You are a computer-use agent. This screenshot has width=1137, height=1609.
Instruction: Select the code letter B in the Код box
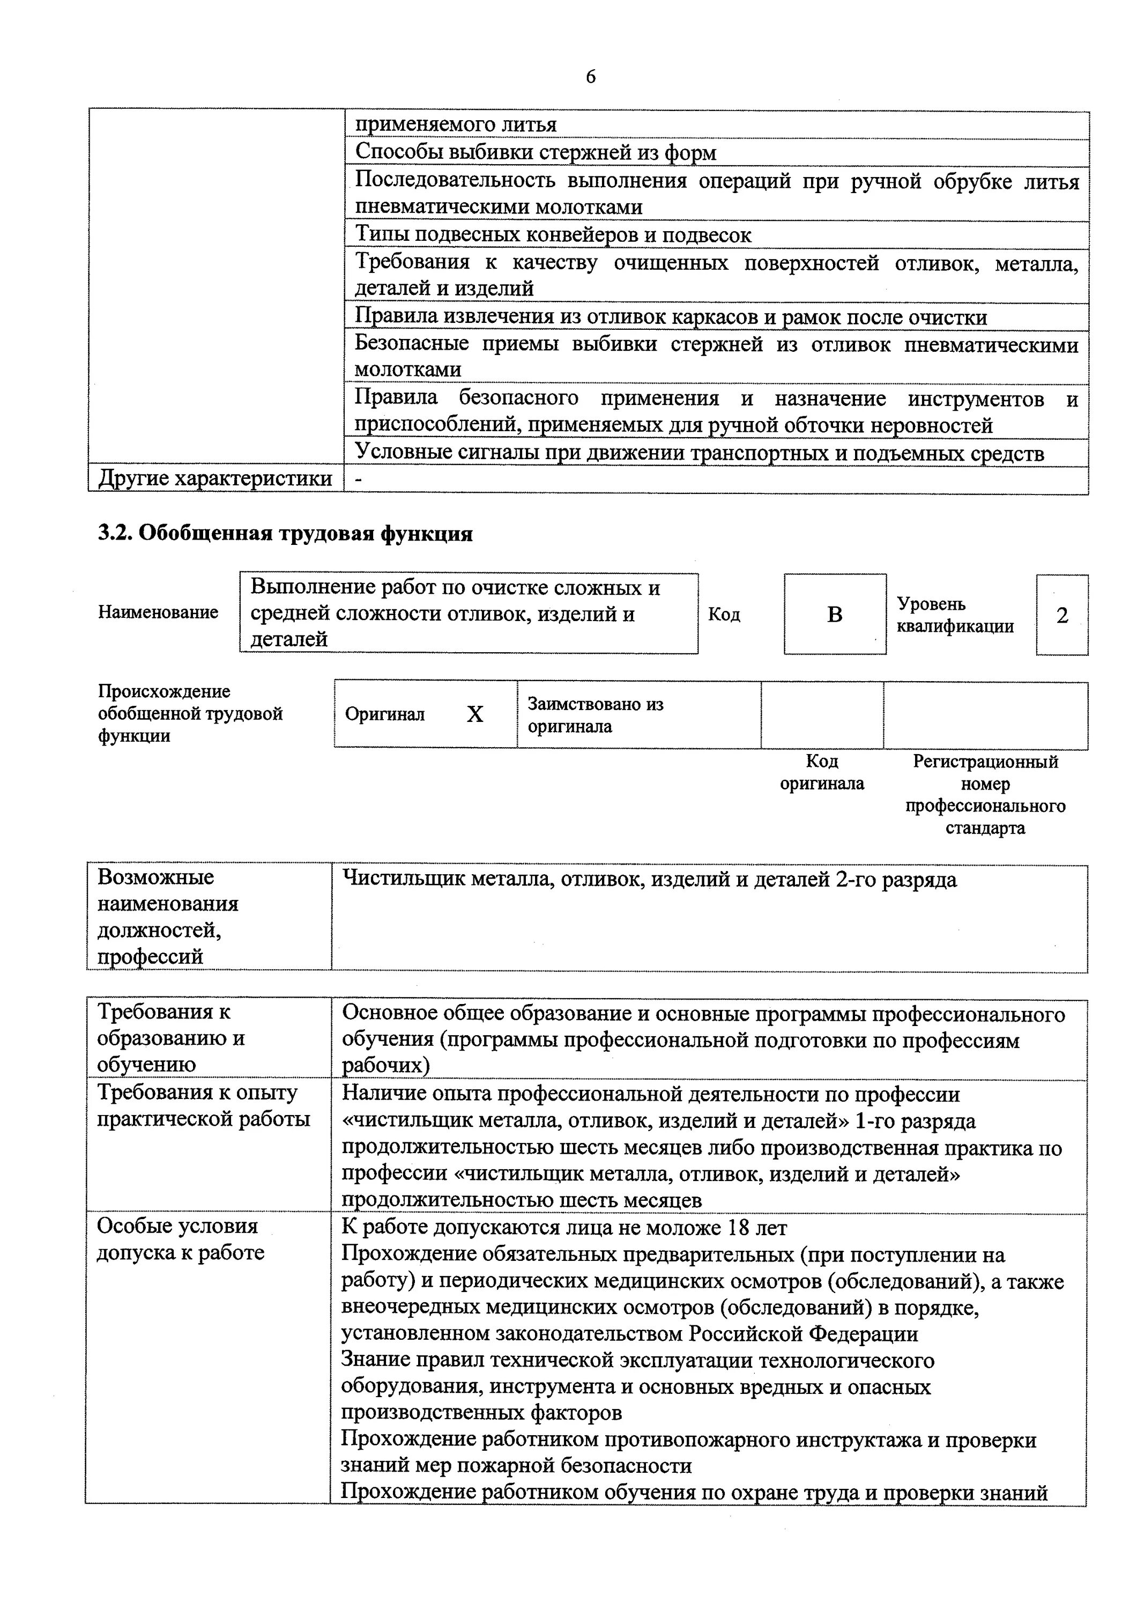pos(834,615)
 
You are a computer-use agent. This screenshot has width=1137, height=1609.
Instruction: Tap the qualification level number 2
pos(1061,615)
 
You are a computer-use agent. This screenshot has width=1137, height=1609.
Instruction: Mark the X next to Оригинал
pos(474,714)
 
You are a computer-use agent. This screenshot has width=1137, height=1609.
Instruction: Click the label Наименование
pos(158,612)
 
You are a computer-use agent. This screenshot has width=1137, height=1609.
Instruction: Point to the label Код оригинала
pos(822,772)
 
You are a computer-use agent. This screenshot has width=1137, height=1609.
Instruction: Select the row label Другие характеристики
pos(215,478)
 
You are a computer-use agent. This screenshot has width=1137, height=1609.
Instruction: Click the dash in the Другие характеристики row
pos(359,478)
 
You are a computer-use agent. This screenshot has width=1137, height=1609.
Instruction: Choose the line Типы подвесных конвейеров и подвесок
pos(553,235)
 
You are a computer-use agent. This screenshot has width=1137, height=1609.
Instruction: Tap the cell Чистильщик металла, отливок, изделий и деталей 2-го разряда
pos(649,880)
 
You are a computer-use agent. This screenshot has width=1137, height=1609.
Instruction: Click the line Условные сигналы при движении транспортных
pos(698,453)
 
